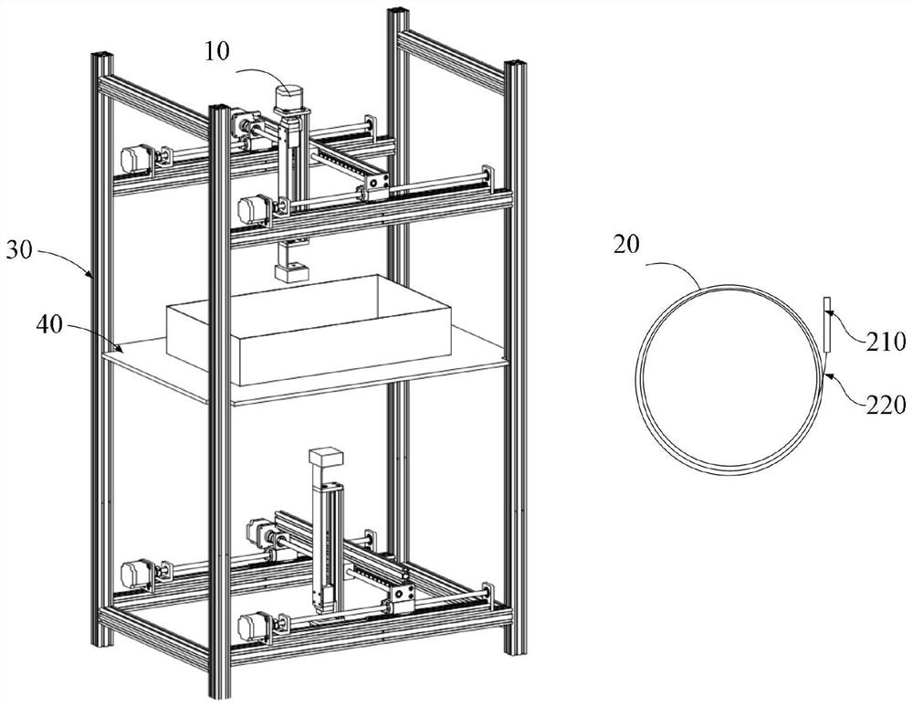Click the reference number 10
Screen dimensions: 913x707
(x=216, y=51)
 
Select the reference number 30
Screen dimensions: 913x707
(x=19, y=250)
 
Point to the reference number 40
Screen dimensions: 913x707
(x=48, y=325)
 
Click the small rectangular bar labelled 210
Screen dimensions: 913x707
(x=826, y=324)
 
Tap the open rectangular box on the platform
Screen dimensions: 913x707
(x=310, y=330)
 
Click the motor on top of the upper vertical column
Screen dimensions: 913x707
(x=288, y=99)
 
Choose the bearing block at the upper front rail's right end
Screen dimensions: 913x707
(x=488, y=177)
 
